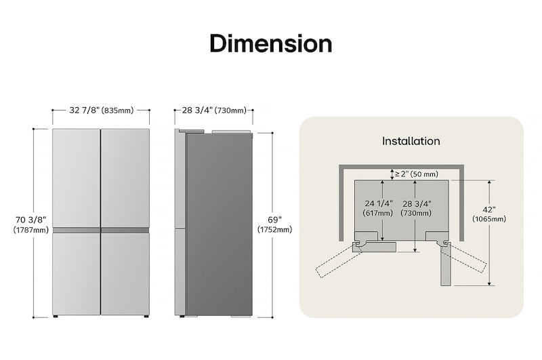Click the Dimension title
[x=270, y=43]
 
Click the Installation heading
[x=411, y=141]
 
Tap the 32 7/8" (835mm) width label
[x=101, y=111]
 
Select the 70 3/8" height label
[x=30, y=219]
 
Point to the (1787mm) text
[x=30, y=231]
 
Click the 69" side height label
[x=274, y=219]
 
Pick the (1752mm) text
[x=274, y=230]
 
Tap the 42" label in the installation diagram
[x=488, y=209]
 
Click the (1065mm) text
[x=488, y=219]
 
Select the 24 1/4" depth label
[x=379, y=203]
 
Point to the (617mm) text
[x=379, y=213]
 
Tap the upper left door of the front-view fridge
[x=77, y=178]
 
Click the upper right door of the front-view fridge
[x=125, y=178]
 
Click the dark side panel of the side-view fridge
[x=218, y=224]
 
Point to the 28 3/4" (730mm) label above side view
[x=213, y=111]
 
